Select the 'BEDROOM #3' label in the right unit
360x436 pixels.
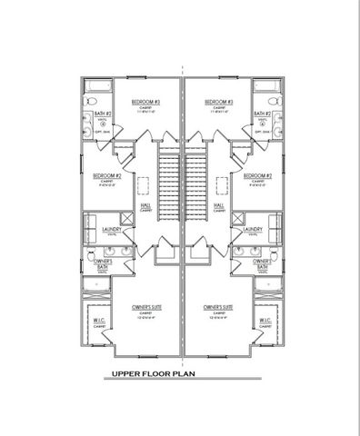pos(219,102)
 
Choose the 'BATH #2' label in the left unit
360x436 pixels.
pos(103,114)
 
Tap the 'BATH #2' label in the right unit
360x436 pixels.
pos(263,114)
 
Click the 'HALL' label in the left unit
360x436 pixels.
pos(145,205)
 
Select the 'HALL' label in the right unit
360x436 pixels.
pos(219,205)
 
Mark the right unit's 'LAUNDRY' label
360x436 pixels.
pos(253,231)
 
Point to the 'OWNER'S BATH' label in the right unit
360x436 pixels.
pos(264,264)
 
